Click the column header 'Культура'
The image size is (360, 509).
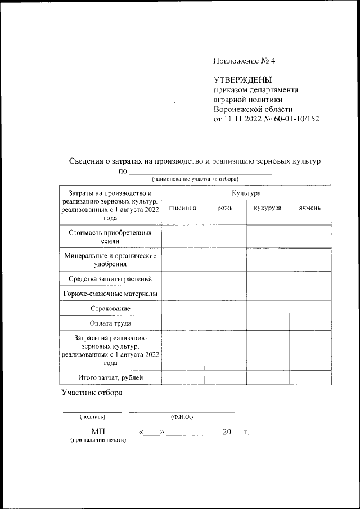tap(246, 193)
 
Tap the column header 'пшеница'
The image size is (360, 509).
tap(182, 208)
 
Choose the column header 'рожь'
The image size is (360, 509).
tap(224, 208)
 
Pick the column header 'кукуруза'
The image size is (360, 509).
tap(267, 208)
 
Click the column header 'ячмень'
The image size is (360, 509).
tap(310, 208)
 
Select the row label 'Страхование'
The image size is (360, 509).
tap(110, 309)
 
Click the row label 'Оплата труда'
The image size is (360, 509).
tap(110, 323)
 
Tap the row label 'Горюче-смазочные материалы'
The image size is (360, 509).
tap(110, 294)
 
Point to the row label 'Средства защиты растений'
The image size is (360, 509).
tap(110, 278)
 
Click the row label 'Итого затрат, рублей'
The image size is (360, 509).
tap(110, 377)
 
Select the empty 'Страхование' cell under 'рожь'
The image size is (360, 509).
tap(224, 309)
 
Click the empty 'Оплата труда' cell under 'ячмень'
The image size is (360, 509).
tap(310, 323)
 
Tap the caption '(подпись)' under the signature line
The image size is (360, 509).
tap(91, 417)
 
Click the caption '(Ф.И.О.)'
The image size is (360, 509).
tap(182, 417)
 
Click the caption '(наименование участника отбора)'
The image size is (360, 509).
tap(195, 179)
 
